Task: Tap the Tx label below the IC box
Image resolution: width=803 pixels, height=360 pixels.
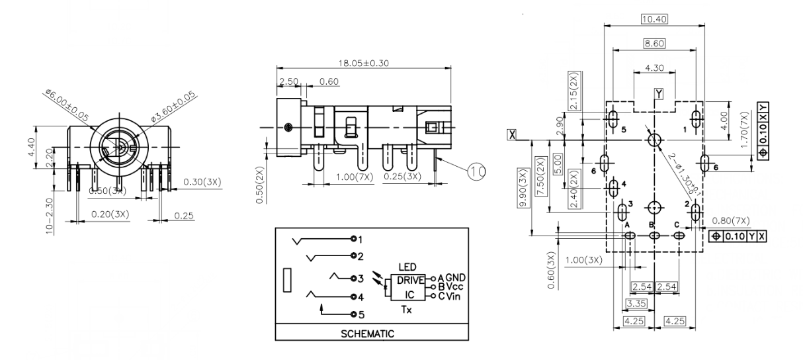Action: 407,309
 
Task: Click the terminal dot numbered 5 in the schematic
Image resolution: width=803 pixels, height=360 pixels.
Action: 354,314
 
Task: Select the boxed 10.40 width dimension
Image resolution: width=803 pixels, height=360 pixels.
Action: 654,19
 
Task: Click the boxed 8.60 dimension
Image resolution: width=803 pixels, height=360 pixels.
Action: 654,44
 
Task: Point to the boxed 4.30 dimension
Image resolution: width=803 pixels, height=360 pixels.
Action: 654,67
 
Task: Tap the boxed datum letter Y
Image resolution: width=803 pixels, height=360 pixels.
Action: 659,93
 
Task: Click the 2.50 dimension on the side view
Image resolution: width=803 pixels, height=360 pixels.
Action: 289,81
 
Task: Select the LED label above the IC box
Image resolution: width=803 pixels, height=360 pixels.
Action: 407,266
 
